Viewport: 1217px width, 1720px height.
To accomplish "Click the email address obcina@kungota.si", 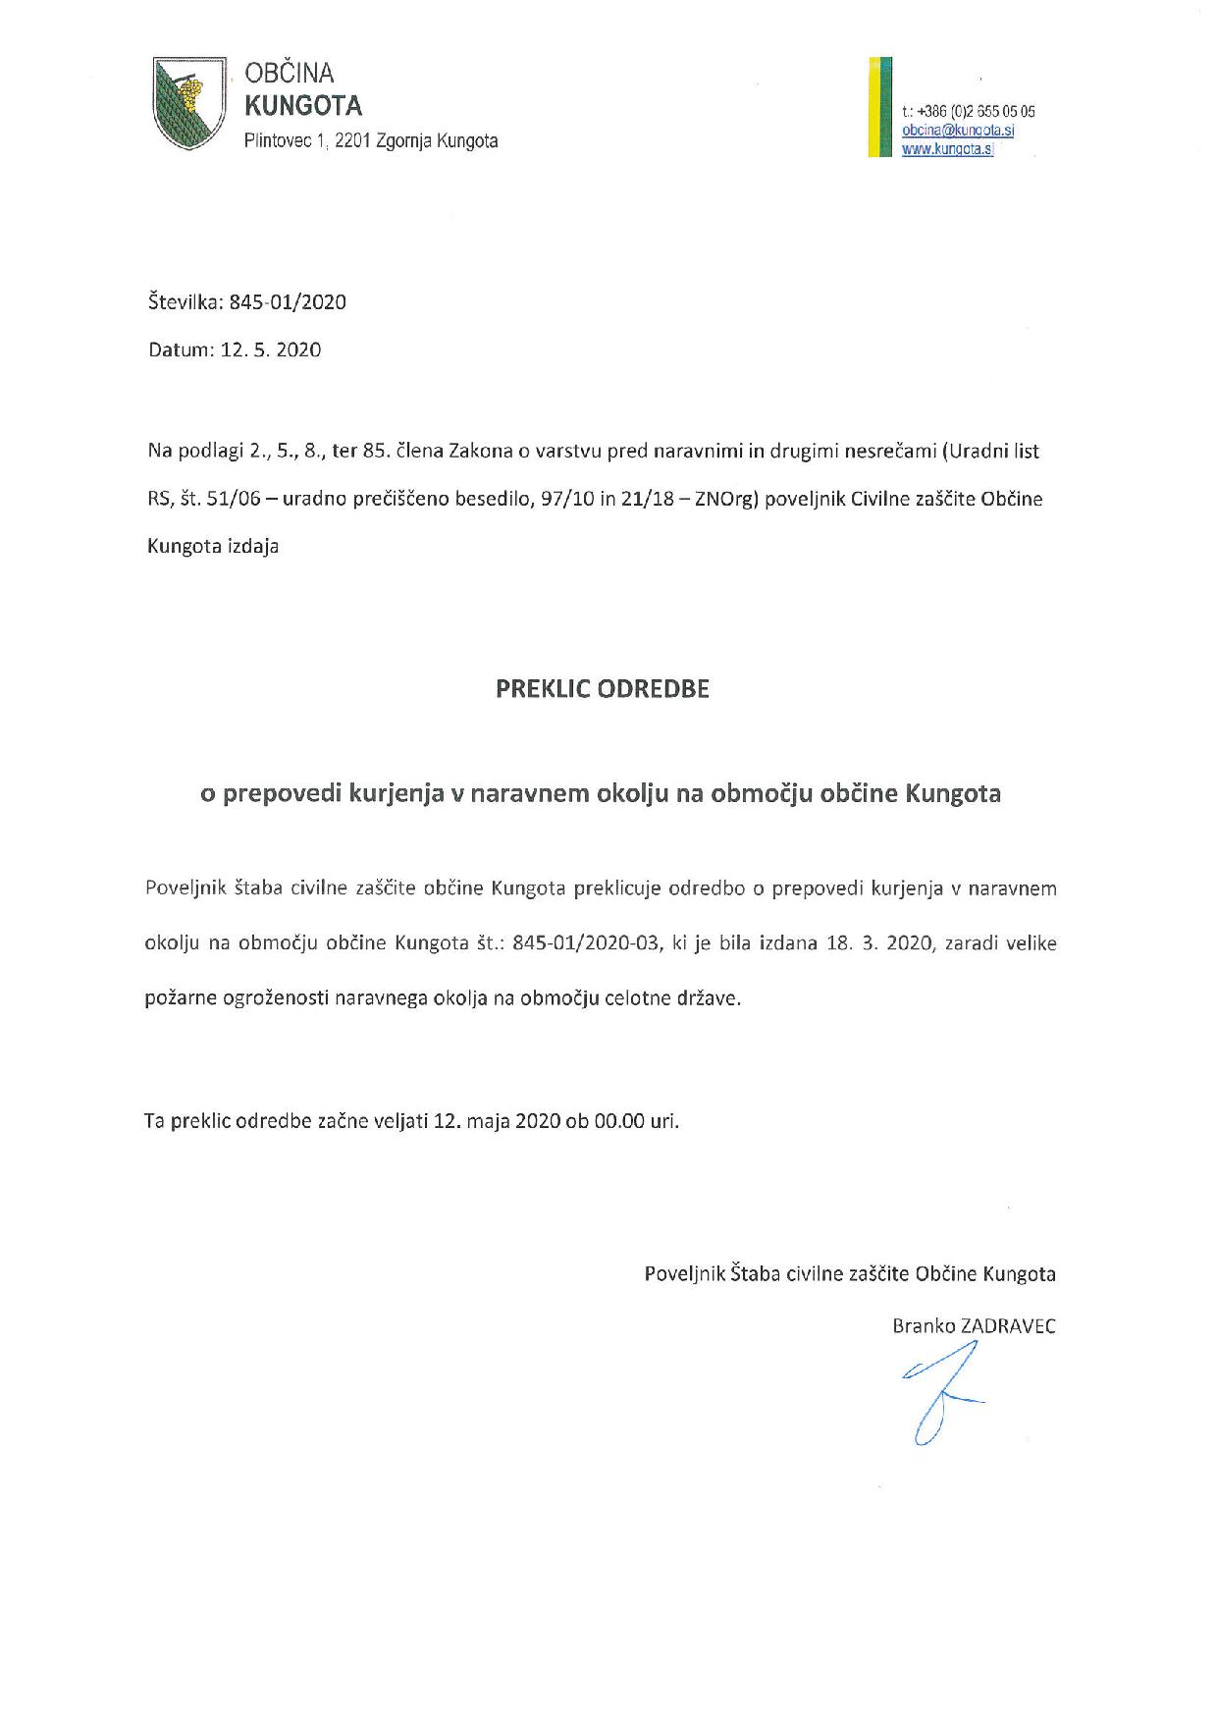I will pos(958,131).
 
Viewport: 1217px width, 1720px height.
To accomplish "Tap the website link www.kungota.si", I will pos(947,150).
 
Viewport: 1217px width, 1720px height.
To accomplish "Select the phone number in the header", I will pos(969,111).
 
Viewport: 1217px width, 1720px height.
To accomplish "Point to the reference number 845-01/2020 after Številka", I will pos(288,301).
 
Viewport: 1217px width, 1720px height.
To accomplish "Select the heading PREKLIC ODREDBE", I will pos(602,688).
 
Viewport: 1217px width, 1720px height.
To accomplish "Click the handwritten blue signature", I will pos(939,1393).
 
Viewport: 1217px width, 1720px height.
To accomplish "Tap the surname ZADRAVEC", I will pos(1009,1325).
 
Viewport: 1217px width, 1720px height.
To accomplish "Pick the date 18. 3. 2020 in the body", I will pos(879,943).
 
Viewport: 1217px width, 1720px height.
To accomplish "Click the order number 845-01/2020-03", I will pos(586,943).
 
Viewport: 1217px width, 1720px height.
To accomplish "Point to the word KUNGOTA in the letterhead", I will pos(303,104).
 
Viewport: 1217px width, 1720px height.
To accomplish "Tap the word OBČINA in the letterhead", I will pos(290,73).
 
